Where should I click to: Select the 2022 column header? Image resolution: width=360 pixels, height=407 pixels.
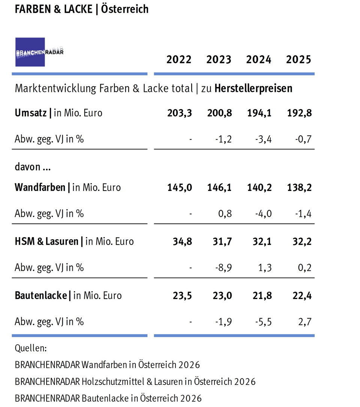(179, 60)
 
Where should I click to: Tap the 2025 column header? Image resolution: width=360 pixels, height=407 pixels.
(298, 60)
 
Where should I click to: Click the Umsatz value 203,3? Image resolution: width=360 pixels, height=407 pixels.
(180, 113)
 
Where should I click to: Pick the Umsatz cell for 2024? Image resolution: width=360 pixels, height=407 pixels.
(259, 113)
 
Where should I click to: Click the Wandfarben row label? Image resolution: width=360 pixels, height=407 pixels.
(40, 187)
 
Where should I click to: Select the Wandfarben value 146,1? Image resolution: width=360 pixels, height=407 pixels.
(219, 187)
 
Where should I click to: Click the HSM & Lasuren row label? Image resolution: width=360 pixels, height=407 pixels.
(46, 241)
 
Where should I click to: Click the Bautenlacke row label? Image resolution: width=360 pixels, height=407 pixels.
(41, 296)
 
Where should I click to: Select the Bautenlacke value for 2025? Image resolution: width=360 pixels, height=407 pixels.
(302, 296)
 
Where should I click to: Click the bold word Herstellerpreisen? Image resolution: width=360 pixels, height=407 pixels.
(253, 89)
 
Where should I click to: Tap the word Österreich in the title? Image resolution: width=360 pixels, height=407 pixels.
(125, 9)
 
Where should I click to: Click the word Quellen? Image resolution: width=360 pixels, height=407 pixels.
(31, 348)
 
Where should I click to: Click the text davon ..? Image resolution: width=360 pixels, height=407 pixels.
(27, 167)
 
